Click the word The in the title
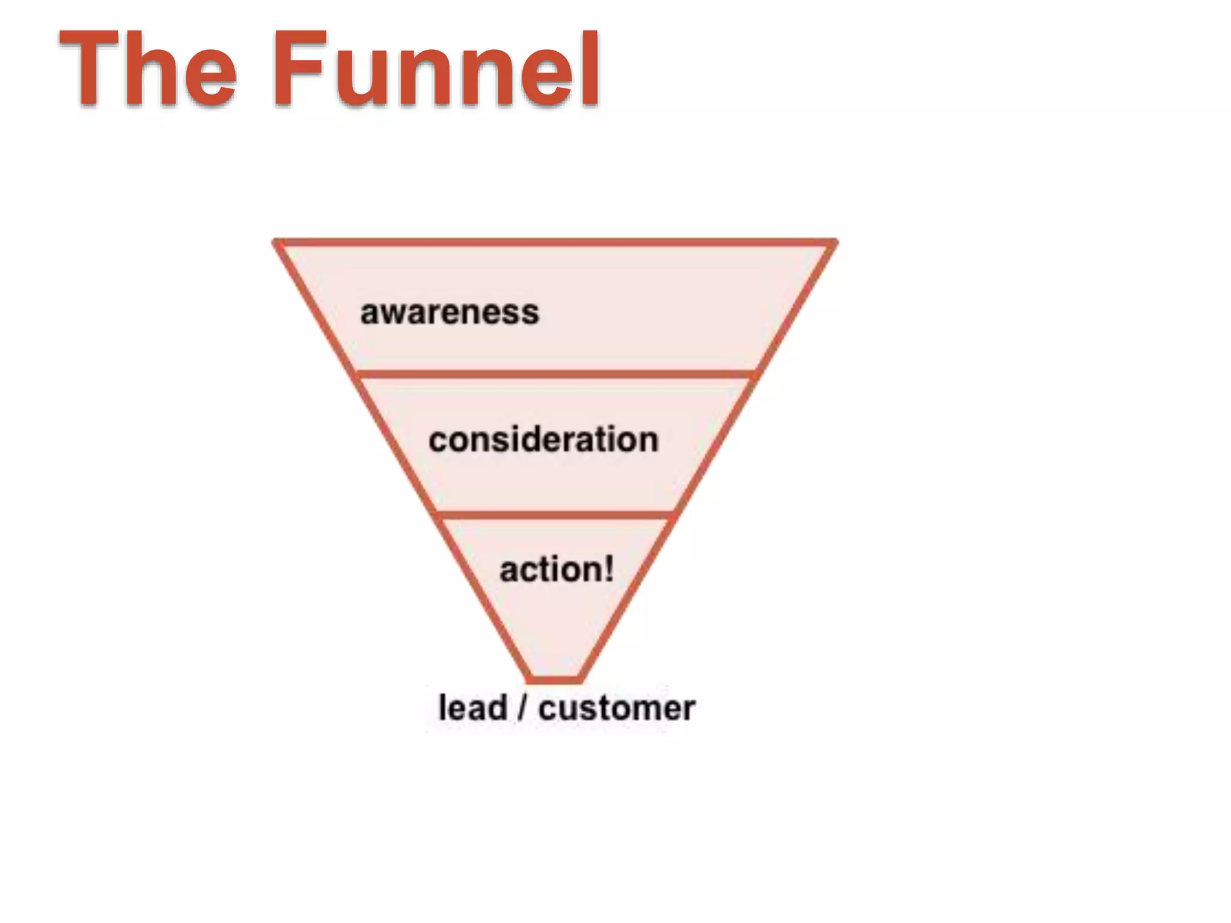(147, 69)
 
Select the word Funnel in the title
(437, 69)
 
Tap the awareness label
(450, 313)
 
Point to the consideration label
(543, 440)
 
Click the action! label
(557, 569)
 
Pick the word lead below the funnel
(472, 708)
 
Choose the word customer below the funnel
(617, 708)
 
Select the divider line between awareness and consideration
(555, 375)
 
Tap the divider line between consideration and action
(555, 516)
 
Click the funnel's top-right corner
(834, 243)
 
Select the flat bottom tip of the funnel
(555, 680)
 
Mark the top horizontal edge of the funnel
(555, 243)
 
